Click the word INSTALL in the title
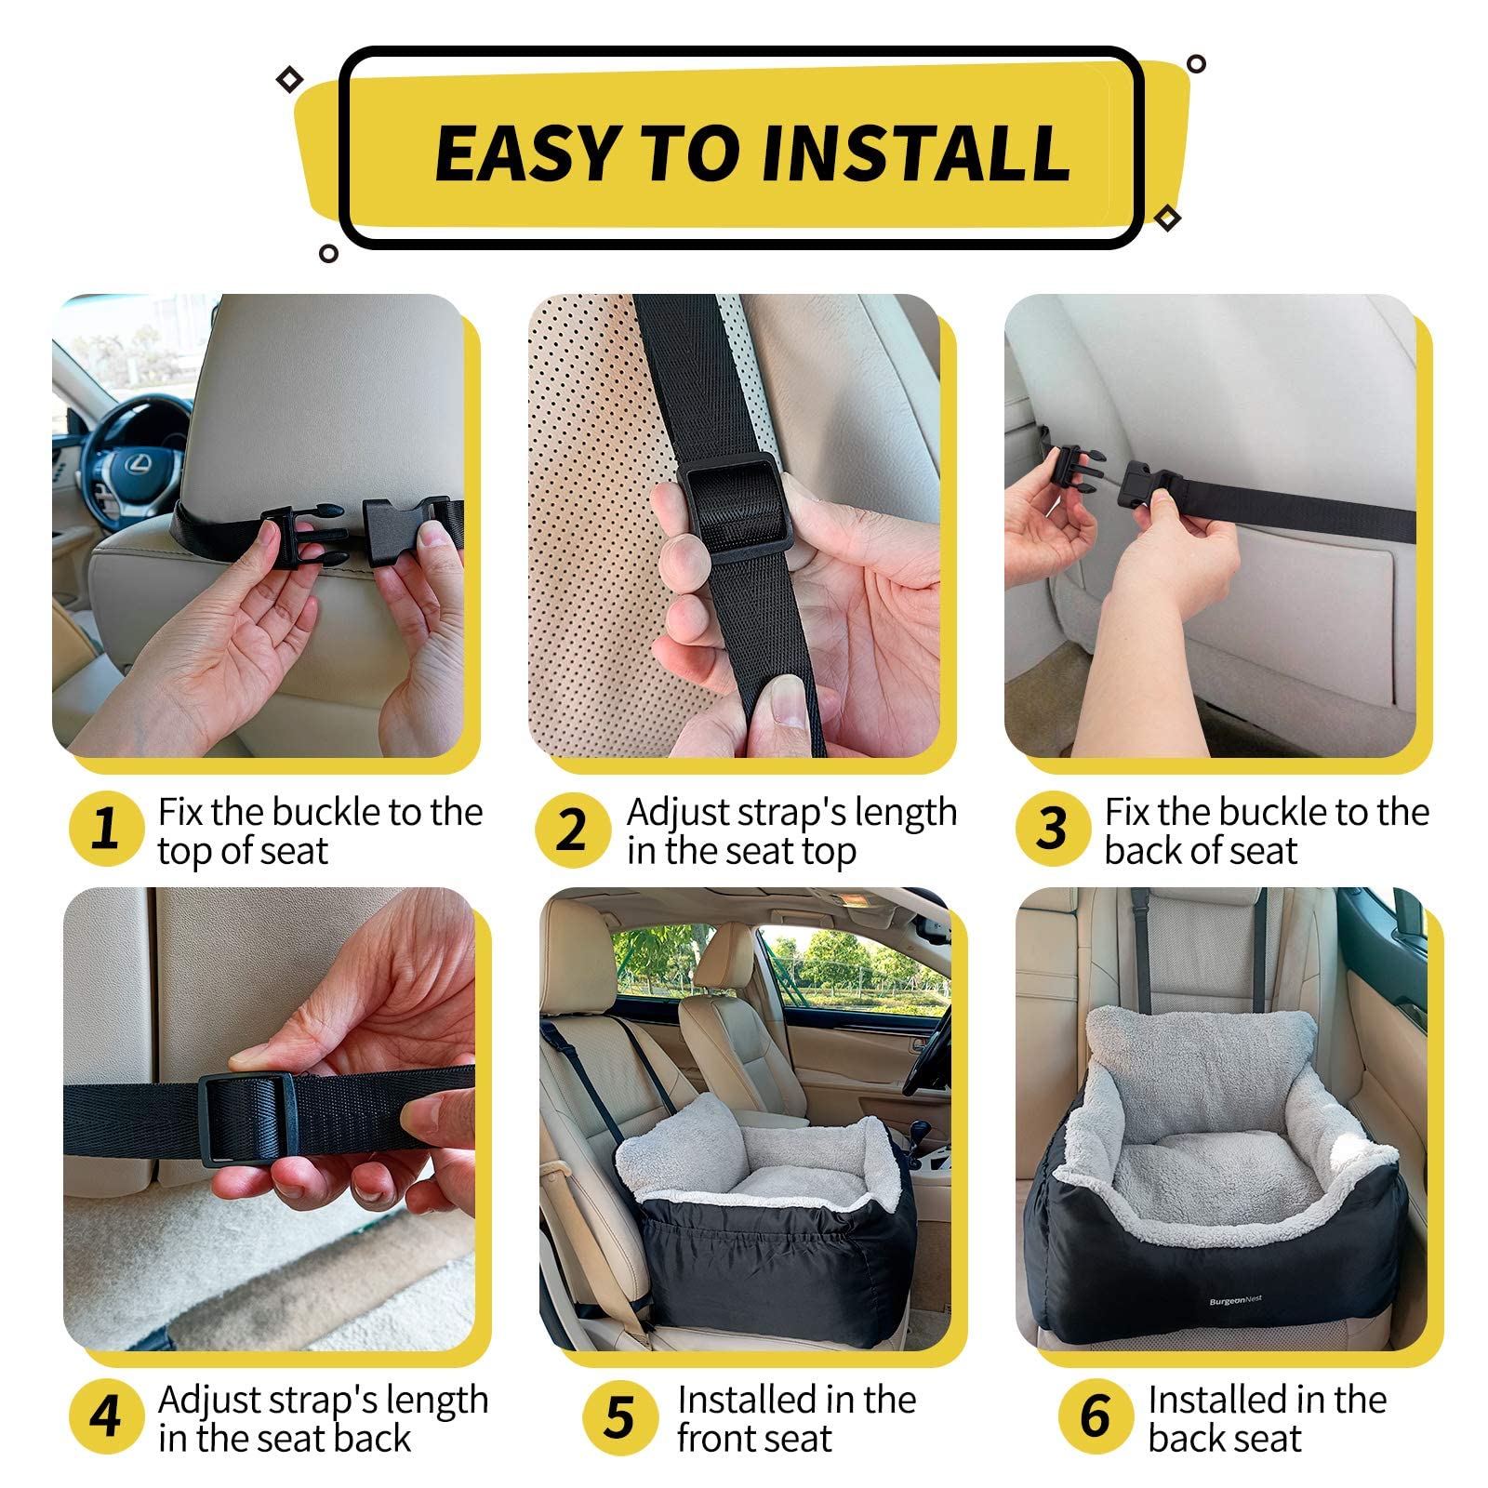coord(916,152)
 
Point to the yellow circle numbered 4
coord(106,1416)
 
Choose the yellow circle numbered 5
coord(619,1416)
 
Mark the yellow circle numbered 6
coord(1096,1415)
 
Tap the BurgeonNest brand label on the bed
coord(1235,1300)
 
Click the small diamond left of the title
coord(289,80)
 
